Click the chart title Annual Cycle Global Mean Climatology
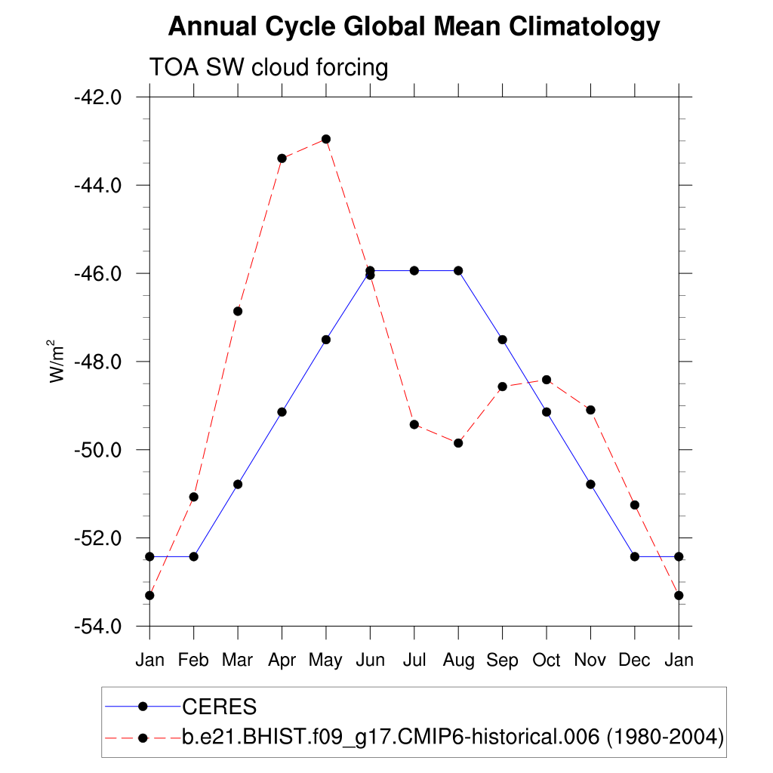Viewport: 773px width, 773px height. (x=414, y=27)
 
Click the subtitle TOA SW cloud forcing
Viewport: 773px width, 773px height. (x=268, y=67)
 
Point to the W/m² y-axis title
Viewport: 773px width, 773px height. (x=58, y=361)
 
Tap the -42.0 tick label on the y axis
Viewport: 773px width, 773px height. (x=97, y=97)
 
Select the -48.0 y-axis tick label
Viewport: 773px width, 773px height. (x=97, y=362)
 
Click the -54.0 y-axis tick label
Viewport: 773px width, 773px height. (x=97, y=627)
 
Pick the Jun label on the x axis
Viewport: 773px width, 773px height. (x=370, y=661)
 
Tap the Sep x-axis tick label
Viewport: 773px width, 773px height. (x=502, y=661)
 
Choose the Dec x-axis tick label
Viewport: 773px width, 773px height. (x=634, y=661)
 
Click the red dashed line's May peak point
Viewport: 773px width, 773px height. (x=326, y=139)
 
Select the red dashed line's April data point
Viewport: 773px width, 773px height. (x=282, y=158)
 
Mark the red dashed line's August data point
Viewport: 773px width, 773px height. (x=458, y=443)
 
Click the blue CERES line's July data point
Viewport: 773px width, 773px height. (x=414, y=270)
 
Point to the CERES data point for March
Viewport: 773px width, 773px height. (x=238, y=484)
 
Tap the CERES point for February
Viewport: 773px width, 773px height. (x=193, y=556)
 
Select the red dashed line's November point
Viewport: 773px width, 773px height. (x=590, y=410)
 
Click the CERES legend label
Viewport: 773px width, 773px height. (x=220, y=707)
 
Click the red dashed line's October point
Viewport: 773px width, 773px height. (x=547, y=380)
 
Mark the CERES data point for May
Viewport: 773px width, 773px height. (x=326, y=340)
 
